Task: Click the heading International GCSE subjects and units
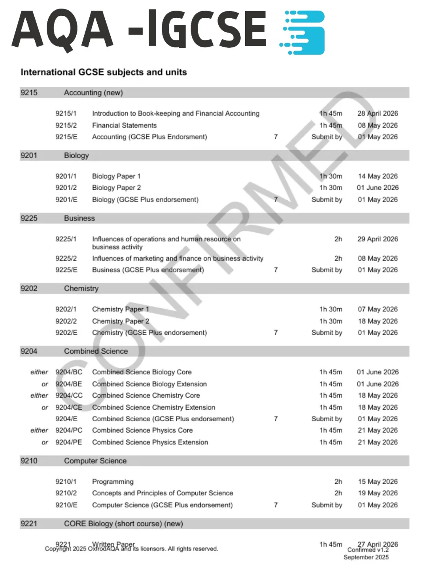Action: [104, 72]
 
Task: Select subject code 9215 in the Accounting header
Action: [29, 93]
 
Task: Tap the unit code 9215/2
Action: [66, 125]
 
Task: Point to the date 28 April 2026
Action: [378, 113]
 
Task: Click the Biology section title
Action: [76, 156]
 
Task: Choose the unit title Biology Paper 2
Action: [116, 188]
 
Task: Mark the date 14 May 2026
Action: [378, 176]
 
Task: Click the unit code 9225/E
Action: [66, 270]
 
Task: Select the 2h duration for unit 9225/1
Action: [338, 239]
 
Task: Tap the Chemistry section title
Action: [81, 288]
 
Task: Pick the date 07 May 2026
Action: [378, 309]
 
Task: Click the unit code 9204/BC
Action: [69, 372]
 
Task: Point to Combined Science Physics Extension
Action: [150, 442]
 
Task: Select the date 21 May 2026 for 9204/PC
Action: [378, 430]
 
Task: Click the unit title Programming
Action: [113, 482]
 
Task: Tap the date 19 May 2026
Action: [378, 493]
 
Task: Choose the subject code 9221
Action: [29, 524]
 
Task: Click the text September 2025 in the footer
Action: [366, 557]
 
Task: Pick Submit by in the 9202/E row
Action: [327, 333]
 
